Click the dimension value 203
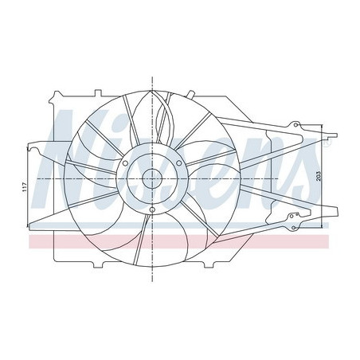pos(319,177)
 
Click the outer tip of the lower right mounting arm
pos(335,213)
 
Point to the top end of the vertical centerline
pos(151,76)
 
